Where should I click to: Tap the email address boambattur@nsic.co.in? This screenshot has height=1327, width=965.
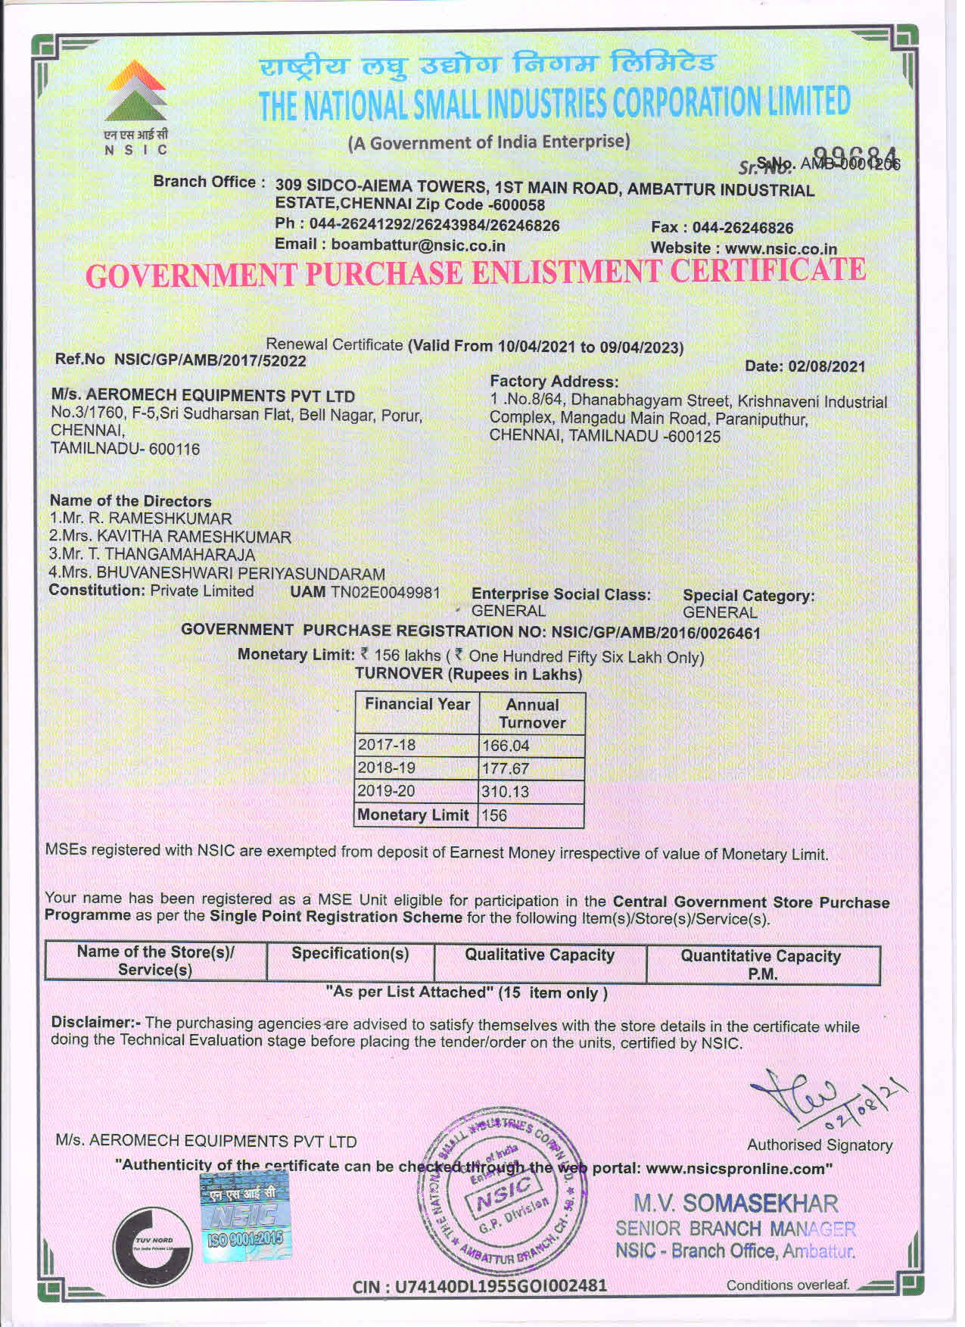click(418, 245)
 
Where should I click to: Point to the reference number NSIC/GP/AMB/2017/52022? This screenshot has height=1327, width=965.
click(210, 360)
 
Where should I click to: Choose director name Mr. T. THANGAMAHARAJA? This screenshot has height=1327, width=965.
click(151, 555)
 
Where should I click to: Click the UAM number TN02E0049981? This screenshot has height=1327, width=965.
click(384, 592)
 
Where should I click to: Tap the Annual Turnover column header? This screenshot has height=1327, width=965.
click(532, 713)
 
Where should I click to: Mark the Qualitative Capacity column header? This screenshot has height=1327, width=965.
click(540, 955)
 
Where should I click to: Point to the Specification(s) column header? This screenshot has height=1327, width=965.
click(350, 954)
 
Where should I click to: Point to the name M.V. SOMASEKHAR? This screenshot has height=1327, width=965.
click(736, 1204)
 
